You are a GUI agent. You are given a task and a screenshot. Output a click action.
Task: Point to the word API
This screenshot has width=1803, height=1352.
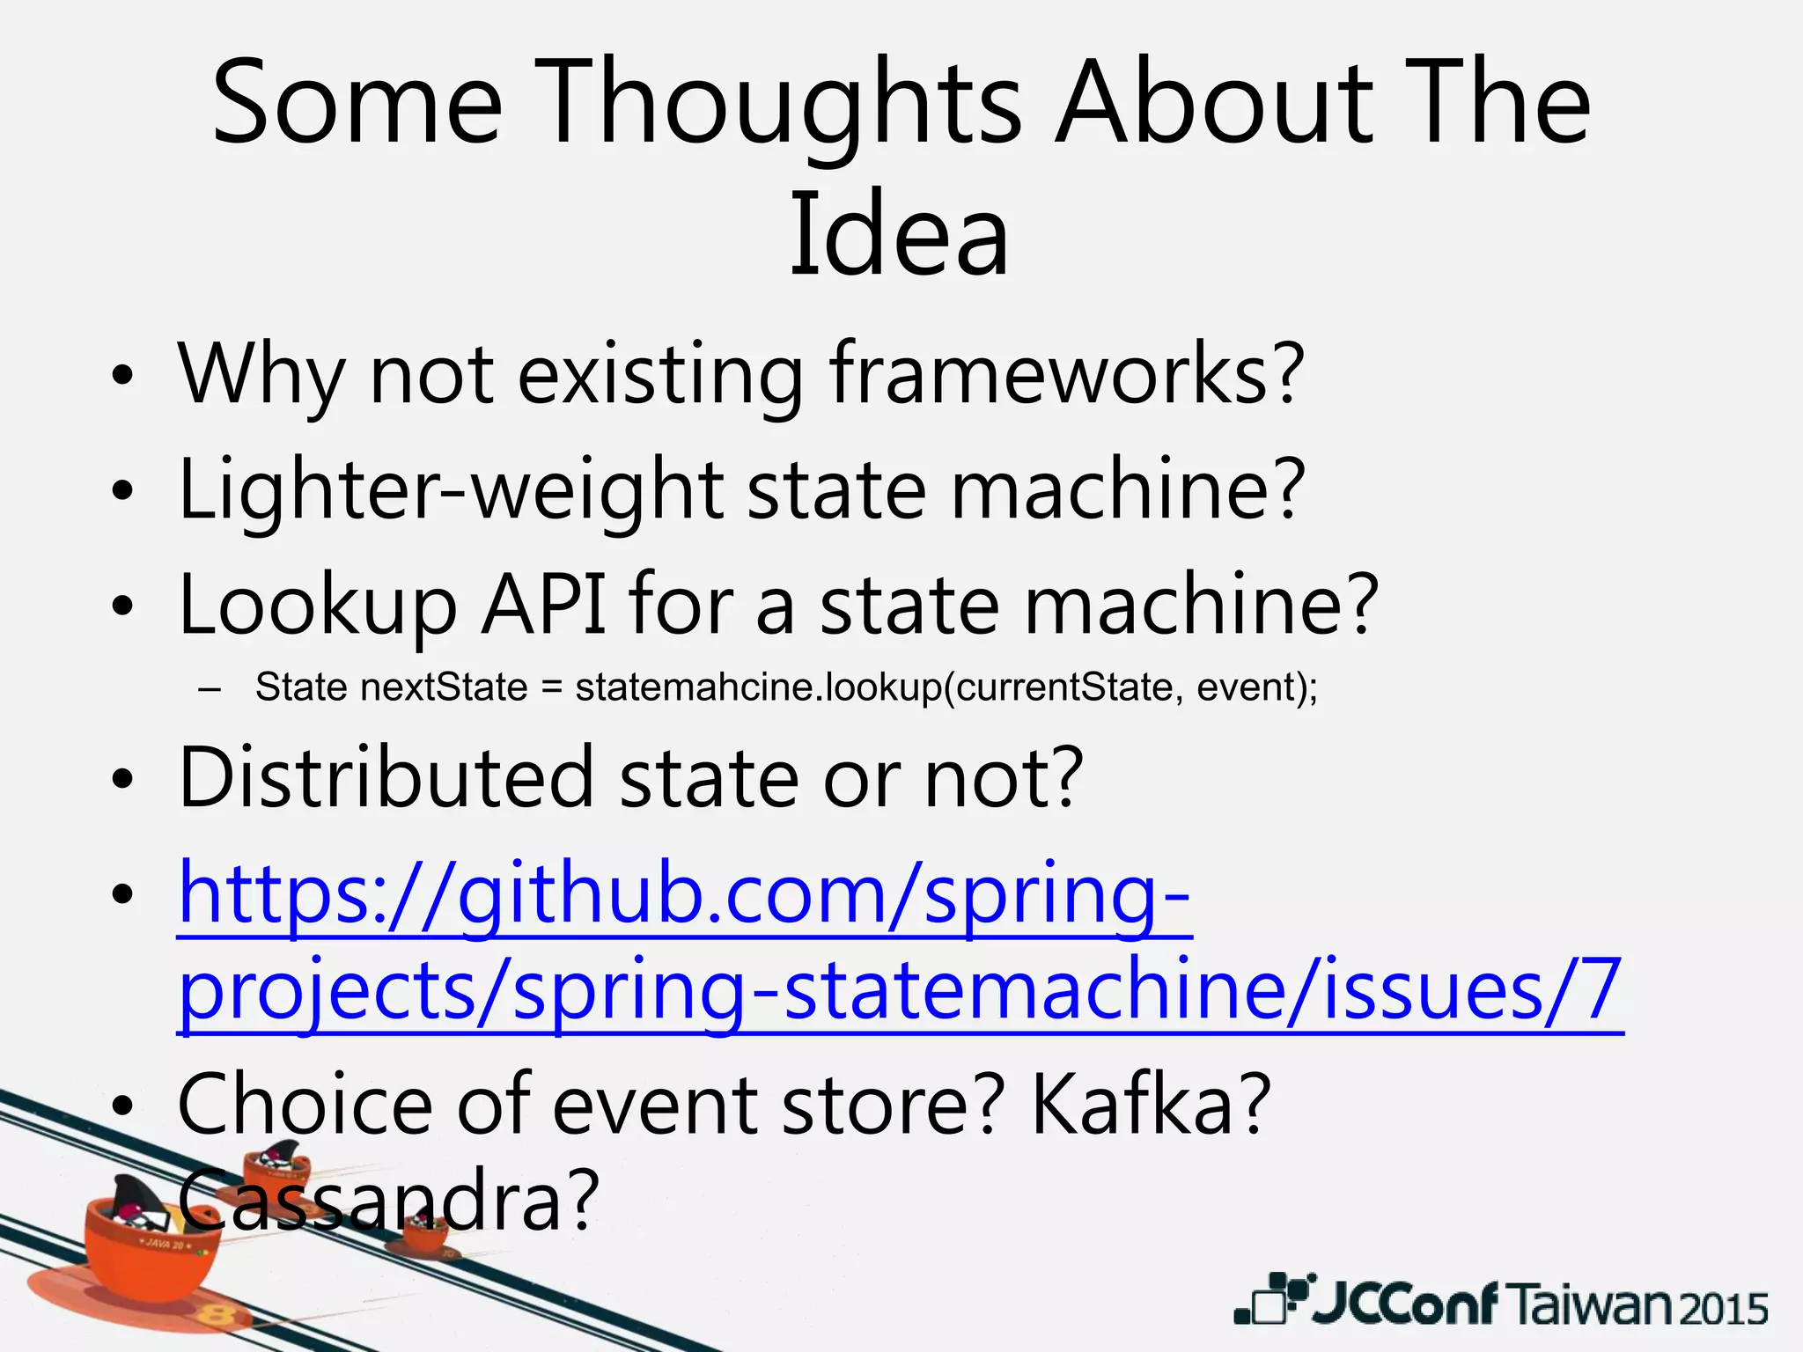(x=544, y=606)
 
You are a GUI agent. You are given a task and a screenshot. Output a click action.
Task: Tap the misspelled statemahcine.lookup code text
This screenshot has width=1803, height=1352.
(x=757, y=687)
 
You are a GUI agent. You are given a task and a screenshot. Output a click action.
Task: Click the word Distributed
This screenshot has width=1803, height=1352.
(x=387, y=777)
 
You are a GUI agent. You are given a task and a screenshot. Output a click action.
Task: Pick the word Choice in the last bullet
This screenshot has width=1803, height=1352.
(x=305, y=1105)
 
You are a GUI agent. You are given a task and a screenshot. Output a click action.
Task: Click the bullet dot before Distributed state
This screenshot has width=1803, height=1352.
(x=122, y=780)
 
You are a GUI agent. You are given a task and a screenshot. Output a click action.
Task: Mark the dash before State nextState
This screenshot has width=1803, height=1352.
(x=210, y=689)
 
